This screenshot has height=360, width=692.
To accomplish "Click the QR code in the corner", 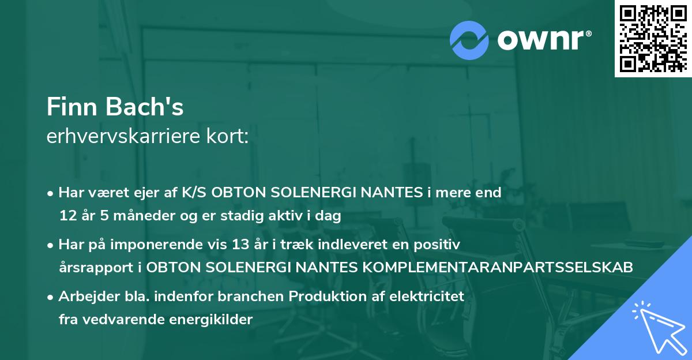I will (653, 39).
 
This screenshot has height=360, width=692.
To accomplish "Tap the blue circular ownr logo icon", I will (469, 40).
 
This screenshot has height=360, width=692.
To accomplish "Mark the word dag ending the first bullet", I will (330, 216).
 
